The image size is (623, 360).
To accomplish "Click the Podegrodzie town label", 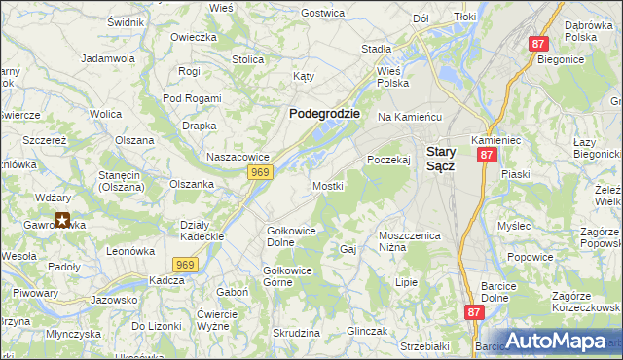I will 324,113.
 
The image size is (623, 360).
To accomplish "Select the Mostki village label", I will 327,185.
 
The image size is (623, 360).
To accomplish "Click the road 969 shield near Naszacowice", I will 259,172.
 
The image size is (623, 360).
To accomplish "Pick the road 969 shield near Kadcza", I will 187,264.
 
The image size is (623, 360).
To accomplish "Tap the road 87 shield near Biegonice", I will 539,44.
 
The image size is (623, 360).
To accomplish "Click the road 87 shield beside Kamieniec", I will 488,155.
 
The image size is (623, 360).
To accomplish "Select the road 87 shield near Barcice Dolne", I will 474,312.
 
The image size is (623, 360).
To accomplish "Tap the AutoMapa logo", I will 556,342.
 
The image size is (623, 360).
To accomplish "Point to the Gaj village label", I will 348,250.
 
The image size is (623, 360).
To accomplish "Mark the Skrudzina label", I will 297,333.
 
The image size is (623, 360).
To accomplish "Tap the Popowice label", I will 530,258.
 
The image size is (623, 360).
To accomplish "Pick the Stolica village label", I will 248,59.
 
